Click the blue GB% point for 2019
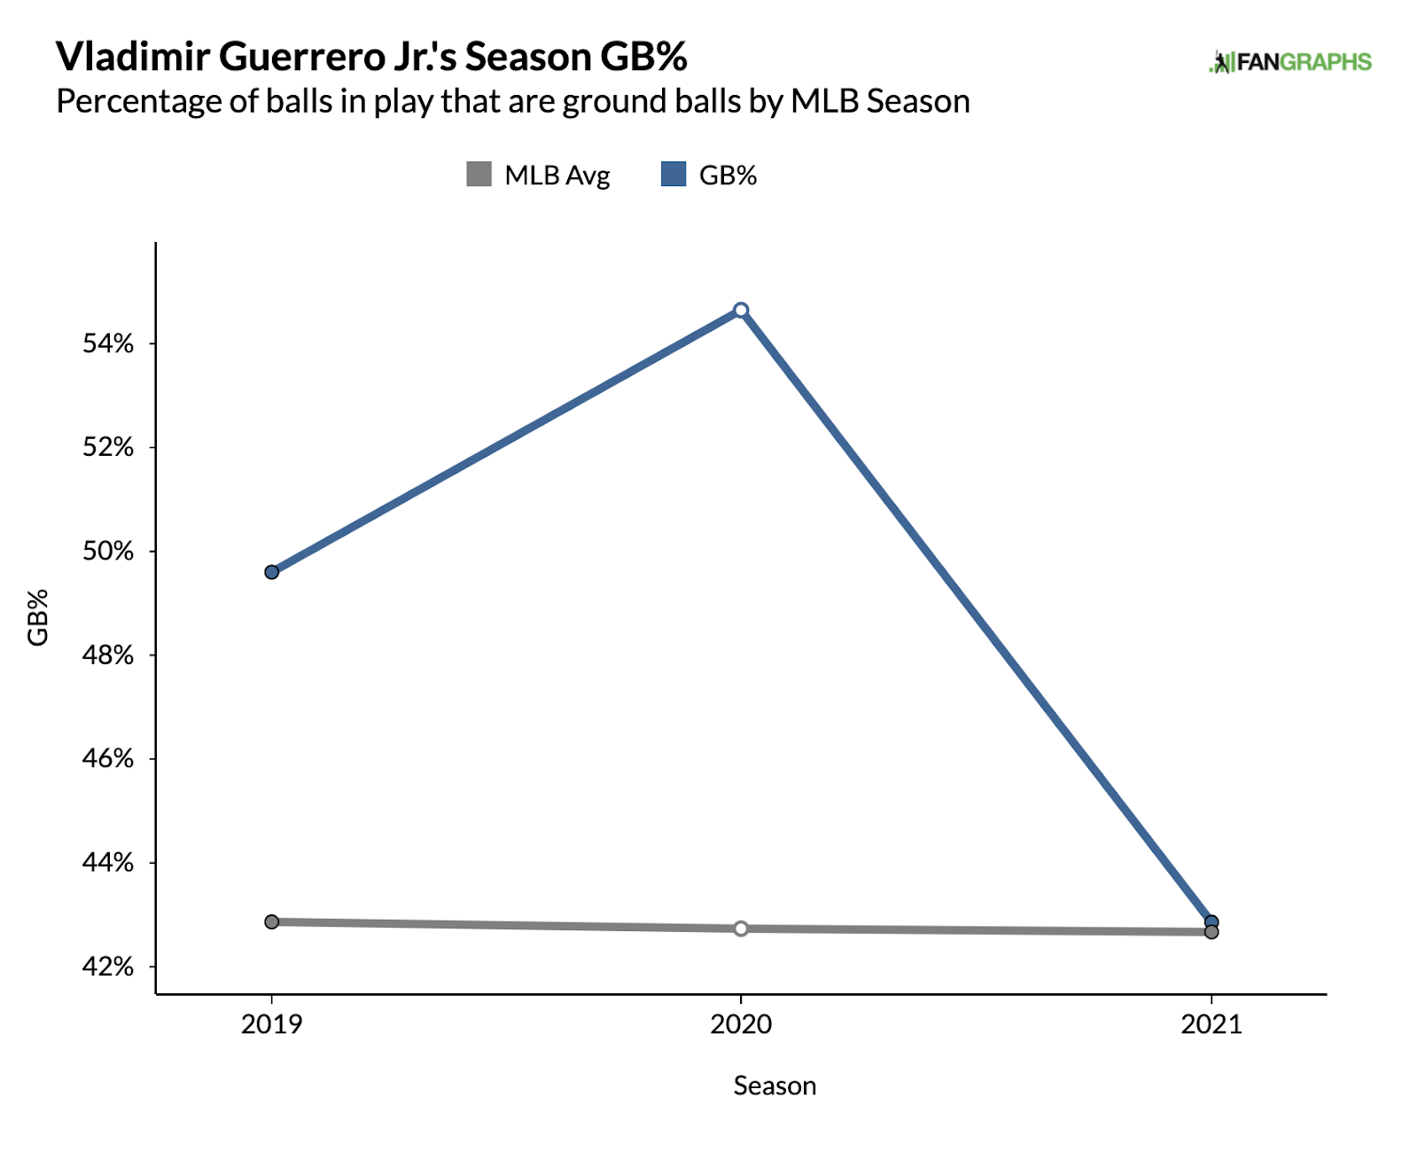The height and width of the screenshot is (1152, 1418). pyautogui.click(x=272, y=572)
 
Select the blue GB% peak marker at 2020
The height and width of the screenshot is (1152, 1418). pyautogui.click(x=741, y=310)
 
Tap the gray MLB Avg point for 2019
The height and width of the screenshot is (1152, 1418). pyautogui.click(x=272, y=922)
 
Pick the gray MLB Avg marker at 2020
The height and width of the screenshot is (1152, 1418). pyautogui.click(x=741, y=929)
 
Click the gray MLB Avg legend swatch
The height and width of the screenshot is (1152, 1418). pyautogui.click(x=479, y=174)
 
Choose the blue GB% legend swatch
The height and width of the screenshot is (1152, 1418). pyautogui.click(x=674, y=174)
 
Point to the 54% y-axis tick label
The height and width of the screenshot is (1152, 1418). pyautogui.click(x=108, y=344)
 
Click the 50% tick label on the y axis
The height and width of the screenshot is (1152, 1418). pyautogui.click(x=108, y=552)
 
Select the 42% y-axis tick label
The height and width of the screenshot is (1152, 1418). pyautogui.click(x=108, y=967)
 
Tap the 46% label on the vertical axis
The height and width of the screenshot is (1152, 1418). pyautogui.click(x=108, y=759)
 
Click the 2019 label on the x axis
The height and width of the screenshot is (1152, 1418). pyautogui.click(x=272, y=1025)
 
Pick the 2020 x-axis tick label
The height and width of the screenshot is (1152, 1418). pyautogui.click(x=741, y=1025)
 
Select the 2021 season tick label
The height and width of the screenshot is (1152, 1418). pyautogui.click(x=1212, y=1025)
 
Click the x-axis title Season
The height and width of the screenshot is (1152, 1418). pyautogui.click(x=775, y=1086)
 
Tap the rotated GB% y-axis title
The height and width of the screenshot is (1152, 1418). pyautogui.click(x=38, y=618)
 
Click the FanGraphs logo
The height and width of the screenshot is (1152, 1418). pyautogui.click(x=1290, y=62)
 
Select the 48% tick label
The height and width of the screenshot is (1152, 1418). pyautogui.click(x=108, y=655)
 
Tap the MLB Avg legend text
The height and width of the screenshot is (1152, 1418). pyautogui.click(x=557, y=176)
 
